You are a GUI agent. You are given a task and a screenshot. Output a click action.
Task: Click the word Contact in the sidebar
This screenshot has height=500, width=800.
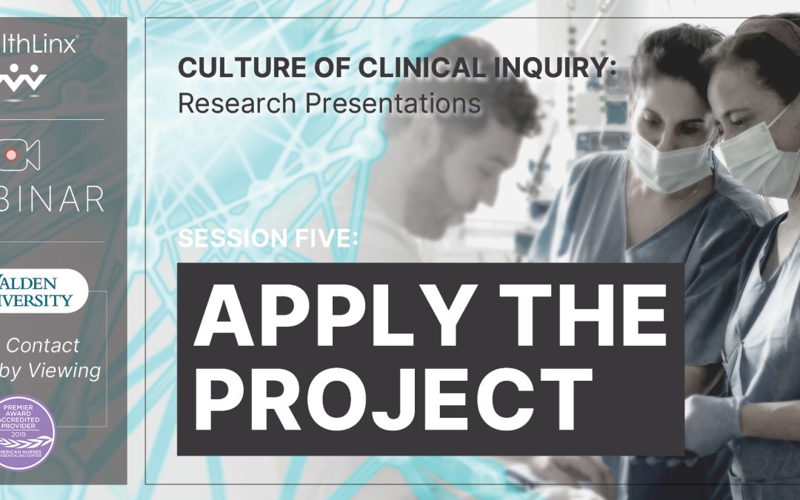pyautogui.click(x=43, y=345)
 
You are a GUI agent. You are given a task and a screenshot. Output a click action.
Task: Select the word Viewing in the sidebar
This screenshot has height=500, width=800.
pyautogui.click(x=64, y=370)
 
